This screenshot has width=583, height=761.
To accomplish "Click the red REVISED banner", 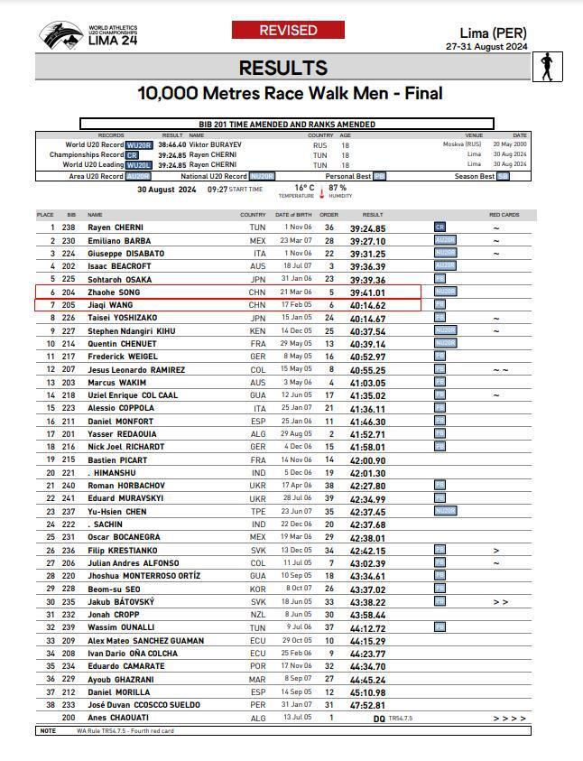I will (x=288, y=31).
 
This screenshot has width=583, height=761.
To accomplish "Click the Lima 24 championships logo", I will (x=76, y=36).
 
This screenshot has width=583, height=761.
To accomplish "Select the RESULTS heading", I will (x=282, y=68).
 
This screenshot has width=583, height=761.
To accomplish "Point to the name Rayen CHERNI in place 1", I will (x=116, y=227).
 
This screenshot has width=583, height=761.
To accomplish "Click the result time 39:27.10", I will (x=367, y=241).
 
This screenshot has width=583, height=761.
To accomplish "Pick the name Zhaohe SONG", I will (x=115, y=292).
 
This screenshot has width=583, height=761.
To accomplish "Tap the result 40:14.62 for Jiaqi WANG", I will (x=367, y=306).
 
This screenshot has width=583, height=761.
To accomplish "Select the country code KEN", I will (x=257, y=331).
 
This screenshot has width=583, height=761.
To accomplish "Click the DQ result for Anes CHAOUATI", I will (x=379, y=718).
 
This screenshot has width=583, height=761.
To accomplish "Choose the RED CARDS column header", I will (x=504, y=215).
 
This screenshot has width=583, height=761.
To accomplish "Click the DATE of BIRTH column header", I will (x=293, y=215).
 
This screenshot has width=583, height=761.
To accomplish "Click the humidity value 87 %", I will (x=338, y=188).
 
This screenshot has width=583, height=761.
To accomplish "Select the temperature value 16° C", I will (x=304, y=188).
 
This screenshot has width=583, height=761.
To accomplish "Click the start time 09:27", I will (x=217, y=190).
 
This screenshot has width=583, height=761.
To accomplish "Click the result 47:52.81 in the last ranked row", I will (x=367, y=705).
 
